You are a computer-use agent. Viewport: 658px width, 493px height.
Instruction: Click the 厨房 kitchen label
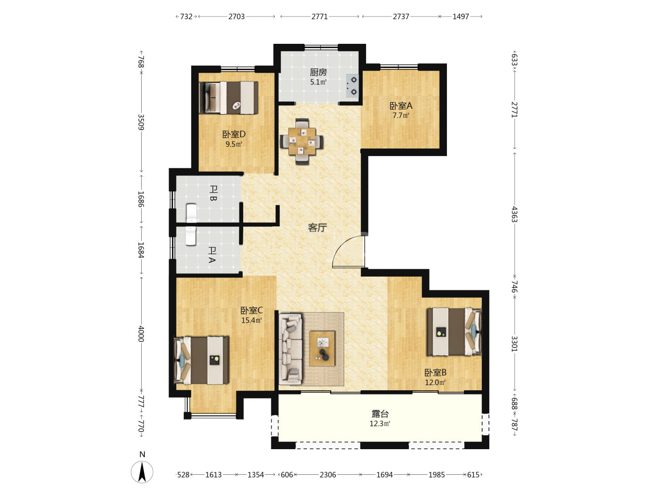(318, 72)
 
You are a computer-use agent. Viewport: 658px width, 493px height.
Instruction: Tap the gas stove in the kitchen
(352, 86)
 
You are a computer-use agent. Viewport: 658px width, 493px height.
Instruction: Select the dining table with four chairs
(302, 142)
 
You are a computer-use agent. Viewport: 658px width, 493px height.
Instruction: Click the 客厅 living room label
(317, 228)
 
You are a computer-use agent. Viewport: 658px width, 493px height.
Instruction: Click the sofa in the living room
(290, 349)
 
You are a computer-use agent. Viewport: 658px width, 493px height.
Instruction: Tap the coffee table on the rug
(322, 349)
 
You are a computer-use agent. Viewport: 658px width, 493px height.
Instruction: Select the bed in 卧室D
(229, 98)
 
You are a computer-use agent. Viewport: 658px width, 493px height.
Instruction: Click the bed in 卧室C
(202, 360)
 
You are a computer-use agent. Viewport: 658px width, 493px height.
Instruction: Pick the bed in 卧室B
(455, 332)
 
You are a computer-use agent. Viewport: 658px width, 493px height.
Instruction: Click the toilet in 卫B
(191, 213)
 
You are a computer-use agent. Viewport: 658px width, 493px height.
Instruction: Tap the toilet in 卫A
(191, 236)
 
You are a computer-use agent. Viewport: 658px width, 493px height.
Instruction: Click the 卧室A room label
(401, 105)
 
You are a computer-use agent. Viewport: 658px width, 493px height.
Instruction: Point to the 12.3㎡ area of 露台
(380, 424)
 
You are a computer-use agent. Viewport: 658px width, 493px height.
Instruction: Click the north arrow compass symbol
(142, 472)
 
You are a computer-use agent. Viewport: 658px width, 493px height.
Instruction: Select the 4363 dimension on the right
(515, 215)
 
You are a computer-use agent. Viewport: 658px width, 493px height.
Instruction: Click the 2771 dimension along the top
(319, 16)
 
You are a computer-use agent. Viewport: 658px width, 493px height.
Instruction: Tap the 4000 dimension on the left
(141, 334)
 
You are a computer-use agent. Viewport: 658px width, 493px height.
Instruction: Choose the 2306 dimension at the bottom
(328, 475)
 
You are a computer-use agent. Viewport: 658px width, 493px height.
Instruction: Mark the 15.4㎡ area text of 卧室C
(251, 320)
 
